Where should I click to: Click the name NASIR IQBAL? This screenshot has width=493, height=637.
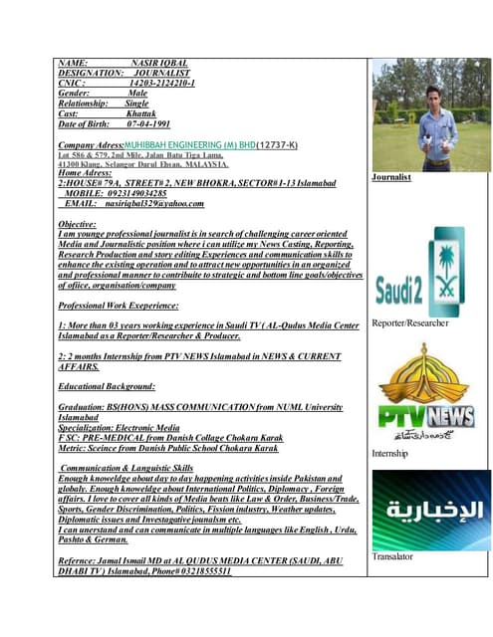pos(159,63)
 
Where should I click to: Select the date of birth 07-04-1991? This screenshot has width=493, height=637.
pos(148,124)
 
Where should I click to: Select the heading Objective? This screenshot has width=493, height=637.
pos(78,225)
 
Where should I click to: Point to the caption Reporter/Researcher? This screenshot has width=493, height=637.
pos(409,322)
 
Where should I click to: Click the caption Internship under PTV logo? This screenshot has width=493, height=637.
pos(389,453)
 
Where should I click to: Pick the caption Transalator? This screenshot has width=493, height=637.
pos(391,556)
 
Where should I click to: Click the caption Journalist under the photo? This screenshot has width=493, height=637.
pos(391,177)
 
